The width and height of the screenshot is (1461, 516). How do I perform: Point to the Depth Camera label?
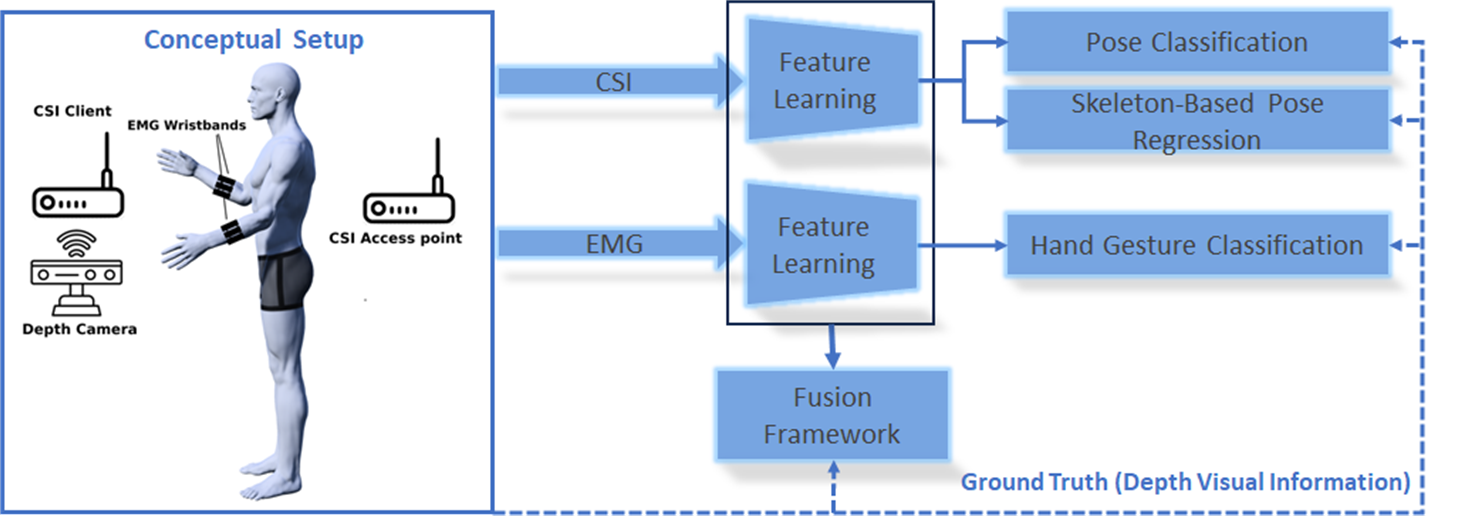79,329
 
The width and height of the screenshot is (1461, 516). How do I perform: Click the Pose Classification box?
1197,42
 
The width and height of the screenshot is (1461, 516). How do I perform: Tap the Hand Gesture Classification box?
1197,245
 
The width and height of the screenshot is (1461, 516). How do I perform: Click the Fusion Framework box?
832,415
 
